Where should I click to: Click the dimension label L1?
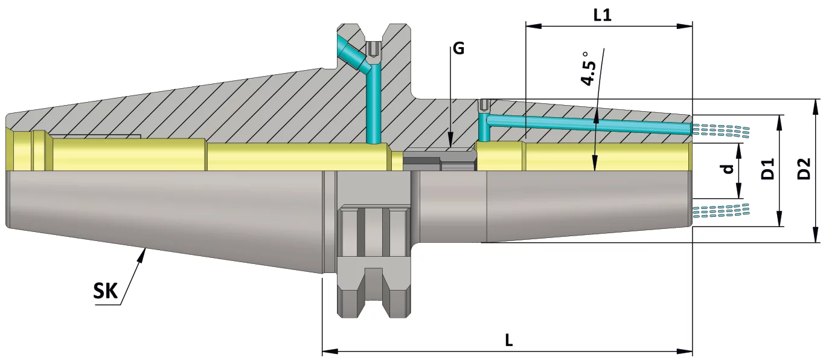point(602,14)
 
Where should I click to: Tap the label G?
point(459,48)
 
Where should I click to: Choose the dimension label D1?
point(767,170)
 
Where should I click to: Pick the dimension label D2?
point(804,169)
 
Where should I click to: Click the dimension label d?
point(729,169)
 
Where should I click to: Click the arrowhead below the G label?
point(451,143)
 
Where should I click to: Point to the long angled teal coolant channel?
point(589,124)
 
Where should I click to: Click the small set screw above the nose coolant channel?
point(484,106)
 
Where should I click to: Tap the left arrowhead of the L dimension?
point(327,351)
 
